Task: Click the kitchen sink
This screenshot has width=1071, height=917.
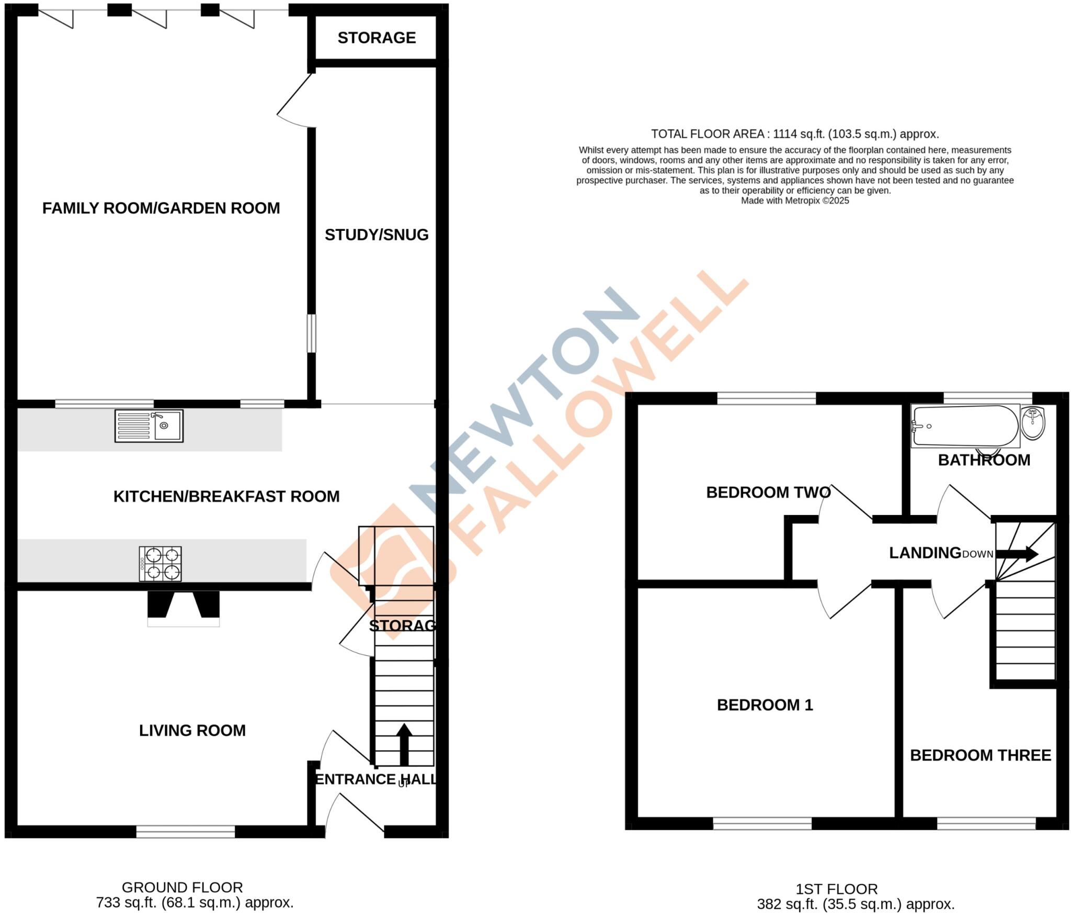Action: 149,426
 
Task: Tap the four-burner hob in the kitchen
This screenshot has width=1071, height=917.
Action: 160,564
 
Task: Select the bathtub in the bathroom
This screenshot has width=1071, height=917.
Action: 965,426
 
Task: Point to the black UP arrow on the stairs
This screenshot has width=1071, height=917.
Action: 404,744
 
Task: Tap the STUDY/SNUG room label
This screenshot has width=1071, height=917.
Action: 377,234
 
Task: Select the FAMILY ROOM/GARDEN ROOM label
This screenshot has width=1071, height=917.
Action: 161,208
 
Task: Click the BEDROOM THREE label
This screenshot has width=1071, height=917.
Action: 981,755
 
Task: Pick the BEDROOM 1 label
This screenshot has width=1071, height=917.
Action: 765,705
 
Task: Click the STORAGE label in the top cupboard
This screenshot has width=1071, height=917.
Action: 377,38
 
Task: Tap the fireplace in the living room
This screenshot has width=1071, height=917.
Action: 183,609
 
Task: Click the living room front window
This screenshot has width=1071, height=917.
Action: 186,831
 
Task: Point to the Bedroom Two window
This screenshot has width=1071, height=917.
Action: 766,399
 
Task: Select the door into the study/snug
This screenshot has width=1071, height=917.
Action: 295,102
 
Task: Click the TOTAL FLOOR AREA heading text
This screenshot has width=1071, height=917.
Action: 794,134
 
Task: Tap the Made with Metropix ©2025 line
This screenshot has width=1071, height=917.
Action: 795,200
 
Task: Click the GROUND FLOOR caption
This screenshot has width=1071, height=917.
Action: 182,887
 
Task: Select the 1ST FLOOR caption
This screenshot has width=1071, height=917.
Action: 836,889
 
